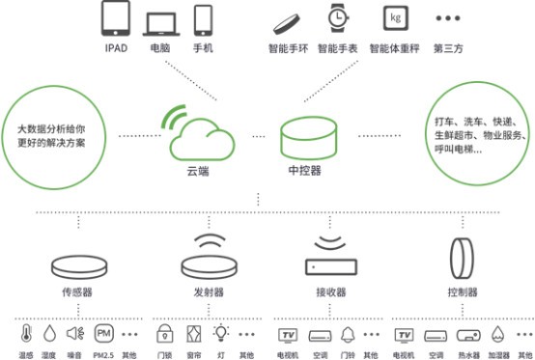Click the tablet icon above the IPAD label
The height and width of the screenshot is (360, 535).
(115, 20)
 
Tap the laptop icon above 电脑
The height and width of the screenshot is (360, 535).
(160, 22)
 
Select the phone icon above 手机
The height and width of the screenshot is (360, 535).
(203, 20)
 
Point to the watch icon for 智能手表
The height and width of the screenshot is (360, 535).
(338, 18)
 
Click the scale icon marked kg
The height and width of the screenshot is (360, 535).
(393, 19)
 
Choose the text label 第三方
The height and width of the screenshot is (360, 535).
(447, 45)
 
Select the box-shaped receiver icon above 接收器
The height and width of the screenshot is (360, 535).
(330, 264)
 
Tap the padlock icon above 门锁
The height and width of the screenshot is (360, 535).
(164, 334)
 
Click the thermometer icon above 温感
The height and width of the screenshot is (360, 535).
(23, 335)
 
